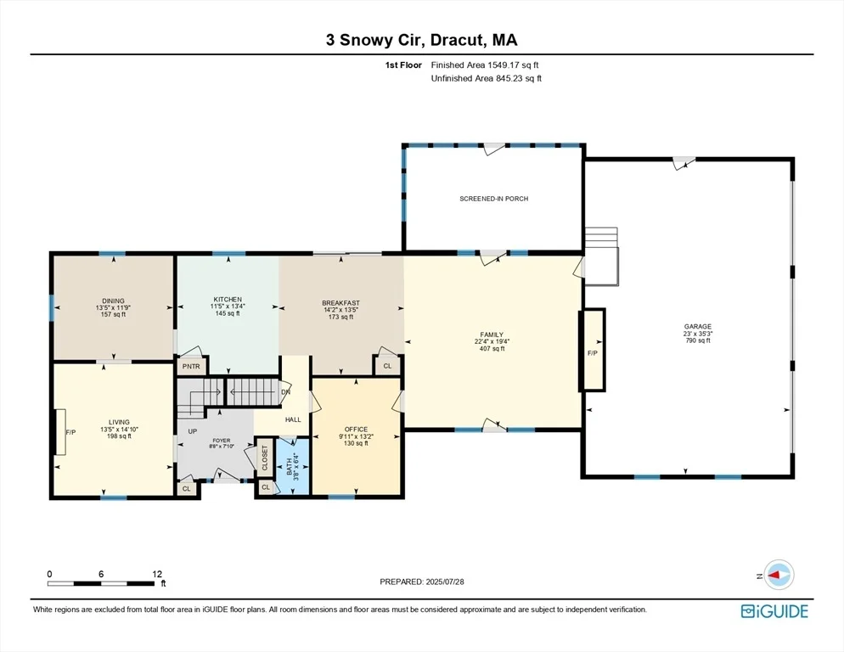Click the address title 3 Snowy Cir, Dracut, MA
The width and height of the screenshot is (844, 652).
421,40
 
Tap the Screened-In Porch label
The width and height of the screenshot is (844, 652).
493,199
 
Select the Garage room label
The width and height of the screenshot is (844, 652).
698,334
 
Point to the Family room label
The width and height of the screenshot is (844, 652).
492,341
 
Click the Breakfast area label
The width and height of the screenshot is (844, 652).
340,310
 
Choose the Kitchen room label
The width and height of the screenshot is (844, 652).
228,306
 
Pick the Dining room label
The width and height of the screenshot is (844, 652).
113,307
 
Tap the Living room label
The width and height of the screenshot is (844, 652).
119,429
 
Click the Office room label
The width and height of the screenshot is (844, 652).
356,436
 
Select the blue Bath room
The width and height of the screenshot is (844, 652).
293,466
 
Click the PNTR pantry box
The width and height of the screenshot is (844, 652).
191,366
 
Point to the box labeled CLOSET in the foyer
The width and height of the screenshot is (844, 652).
264,458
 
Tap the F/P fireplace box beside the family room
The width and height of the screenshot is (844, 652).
592,350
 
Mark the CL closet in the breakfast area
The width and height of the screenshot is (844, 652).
387,366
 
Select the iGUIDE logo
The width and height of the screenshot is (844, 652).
774,611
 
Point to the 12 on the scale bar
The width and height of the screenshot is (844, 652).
157,574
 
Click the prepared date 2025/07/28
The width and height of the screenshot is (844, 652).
445,582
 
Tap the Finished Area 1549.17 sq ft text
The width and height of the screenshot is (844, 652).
485,65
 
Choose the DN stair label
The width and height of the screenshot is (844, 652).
286,392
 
